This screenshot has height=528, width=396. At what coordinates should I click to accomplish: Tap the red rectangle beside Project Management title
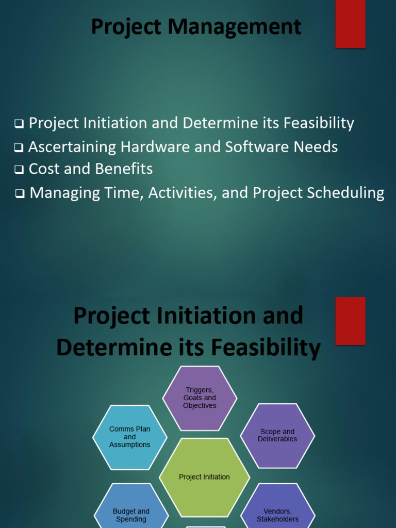(350, 24)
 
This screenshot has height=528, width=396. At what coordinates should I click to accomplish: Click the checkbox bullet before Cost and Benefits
(20, 169)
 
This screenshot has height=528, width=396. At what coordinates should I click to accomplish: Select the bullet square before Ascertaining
(19, 148)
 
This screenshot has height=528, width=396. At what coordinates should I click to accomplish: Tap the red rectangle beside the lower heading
(350, 320)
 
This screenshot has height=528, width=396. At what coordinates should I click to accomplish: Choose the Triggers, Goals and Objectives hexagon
(200, 398)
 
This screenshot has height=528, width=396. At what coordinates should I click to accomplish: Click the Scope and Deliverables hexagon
(277, 435)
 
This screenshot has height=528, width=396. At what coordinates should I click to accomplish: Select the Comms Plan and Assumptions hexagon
(129, 437)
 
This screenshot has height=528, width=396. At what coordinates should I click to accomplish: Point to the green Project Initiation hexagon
(204, 477)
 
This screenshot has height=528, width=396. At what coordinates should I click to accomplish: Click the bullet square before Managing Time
(21, 194)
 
